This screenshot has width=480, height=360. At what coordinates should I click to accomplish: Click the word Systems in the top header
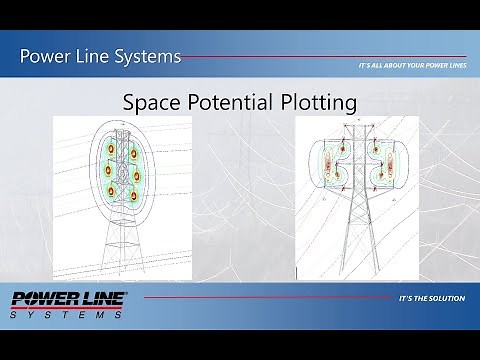click(146, 56)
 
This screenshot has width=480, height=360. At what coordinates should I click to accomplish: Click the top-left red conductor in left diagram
click(109, 156)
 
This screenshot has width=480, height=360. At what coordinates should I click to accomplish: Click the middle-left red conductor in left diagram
click(105, 175)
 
